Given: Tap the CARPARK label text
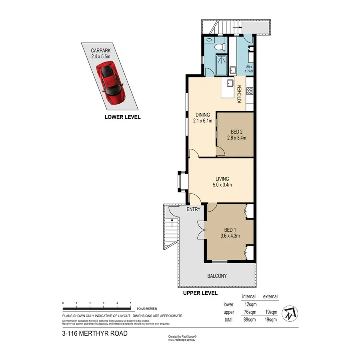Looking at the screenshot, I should [x=100, y=51].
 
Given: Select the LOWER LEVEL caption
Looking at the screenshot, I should [x=122, y=117].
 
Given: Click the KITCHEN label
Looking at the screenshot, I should [x=240, y=95].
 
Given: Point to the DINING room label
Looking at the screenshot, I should [x=202, y=115].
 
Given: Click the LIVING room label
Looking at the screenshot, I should [x=222, y=179].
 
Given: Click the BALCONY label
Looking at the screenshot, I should [x=217, y=276].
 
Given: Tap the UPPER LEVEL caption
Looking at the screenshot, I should [x=200, y=293].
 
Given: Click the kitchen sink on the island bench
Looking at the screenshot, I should [x=230, y=84].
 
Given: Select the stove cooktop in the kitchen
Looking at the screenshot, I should [x=249, y=91].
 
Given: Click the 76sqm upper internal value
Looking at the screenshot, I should [x=250, y=312].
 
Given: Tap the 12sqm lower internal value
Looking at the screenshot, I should [x=250, y=304].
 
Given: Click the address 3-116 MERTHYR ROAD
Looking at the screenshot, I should [x=95, y=333].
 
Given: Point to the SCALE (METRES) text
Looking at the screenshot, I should [x=147, y=309].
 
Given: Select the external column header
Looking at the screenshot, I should [x=270, y=296].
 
